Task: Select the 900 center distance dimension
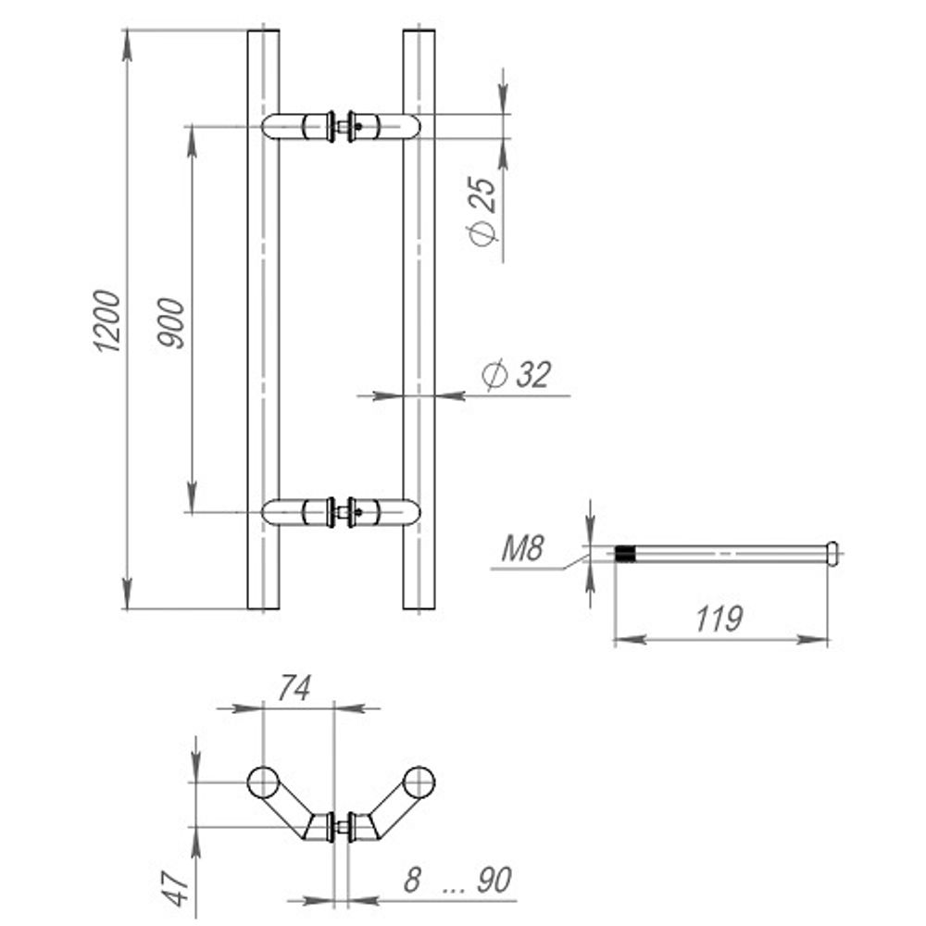172,323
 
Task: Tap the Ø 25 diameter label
483,210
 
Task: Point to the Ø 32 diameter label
517,375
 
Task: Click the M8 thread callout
520,551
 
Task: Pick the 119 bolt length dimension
719,619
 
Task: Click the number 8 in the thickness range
411,881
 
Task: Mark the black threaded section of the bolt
626,555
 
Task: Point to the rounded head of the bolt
833,554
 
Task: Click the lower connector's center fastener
342,511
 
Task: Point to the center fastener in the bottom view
341,827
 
